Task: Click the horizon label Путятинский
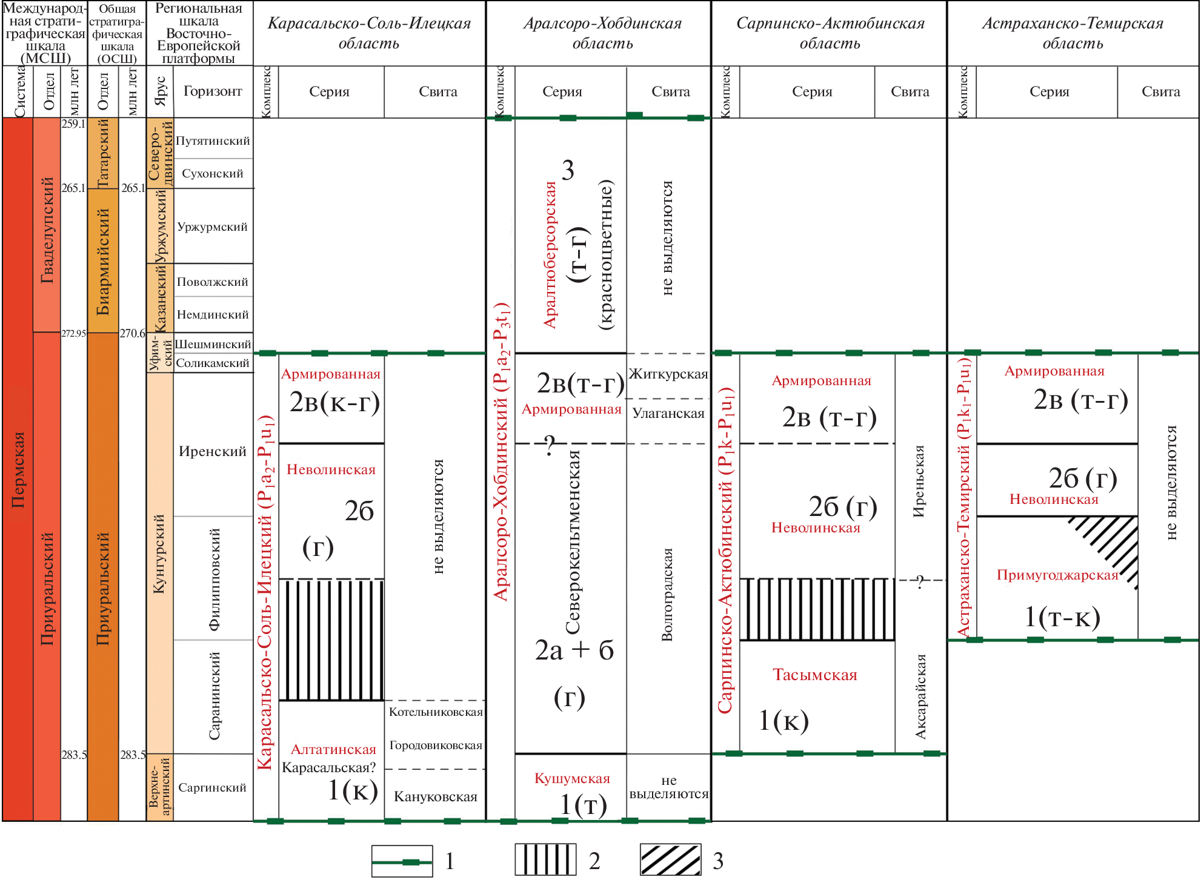click(x=213, y=141)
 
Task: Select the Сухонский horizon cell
click(x=213, y=174)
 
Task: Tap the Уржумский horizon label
click(x=212, y=227)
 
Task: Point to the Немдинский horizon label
click(x=213, y=315)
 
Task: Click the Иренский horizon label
click(x=212, y=451)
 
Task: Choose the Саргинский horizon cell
click(x=212, y=788)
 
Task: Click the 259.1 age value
click(x=73, y=124)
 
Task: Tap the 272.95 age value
click(x=73, y=334)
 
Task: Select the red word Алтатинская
click(x=333, y=750)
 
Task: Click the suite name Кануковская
click(x=435, y=797)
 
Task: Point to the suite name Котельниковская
click(x=435, y=712)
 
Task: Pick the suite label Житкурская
click(x=668, y=374)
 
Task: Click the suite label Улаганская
click(x=668, y=414)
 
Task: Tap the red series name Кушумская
click(x=572, y=779)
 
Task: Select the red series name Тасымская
click(x=814, y=675)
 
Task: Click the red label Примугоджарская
click(x=1057, y=575)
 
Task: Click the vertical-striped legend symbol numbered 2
click(x=545, y=860)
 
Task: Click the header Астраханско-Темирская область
click(x=1073, y=33)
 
